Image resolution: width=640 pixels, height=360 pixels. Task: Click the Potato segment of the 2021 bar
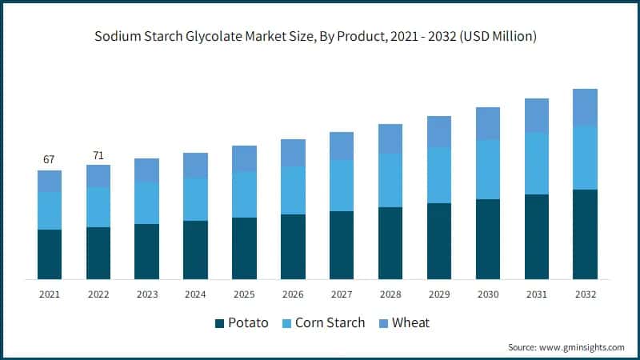click(50, 254)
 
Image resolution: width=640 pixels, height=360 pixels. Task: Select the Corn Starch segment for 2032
click(586, 158)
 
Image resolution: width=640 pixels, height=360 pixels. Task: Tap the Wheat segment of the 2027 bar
click(342, 146)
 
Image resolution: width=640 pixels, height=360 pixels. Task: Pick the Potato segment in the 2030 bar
click(488, 238)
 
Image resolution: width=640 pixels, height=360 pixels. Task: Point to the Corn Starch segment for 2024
click(195, 198)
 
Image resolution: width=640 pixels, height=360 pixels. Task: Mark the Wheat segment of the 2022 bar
click(98, 176)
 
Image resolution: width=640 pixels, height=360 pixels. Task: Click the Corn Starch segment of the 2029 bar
click(439, 175)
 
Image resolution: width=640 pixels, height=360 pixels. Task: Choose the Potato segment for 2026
click(293, 246)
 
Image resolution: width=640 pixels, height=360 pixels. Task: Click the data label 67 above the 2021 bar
click(50, 160)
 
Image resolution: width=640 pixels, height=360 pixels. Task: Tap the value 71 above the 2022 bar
click(98, 155)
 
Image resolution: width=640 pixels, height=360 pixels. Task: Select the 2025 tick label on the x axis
click(244, 294)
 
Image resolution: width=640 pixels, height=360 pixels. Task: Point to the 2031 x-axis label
click(537, 294)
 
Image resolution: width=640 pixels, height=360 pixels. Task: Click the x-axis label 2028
click(390, 294)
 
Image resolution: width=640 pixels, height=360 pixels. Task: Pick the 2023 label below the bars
click(146, 294)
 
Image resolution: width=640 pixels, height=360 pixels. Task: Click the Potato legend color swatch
click(219, 323)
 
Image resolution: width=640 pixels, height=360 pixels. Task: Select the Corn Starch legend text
click(330, 323)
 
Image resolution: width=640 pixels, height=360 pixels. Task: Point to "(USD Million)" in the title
click(497, 36)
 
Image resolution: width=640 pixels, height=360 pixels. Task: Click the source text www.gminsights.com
click(582, 347)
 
